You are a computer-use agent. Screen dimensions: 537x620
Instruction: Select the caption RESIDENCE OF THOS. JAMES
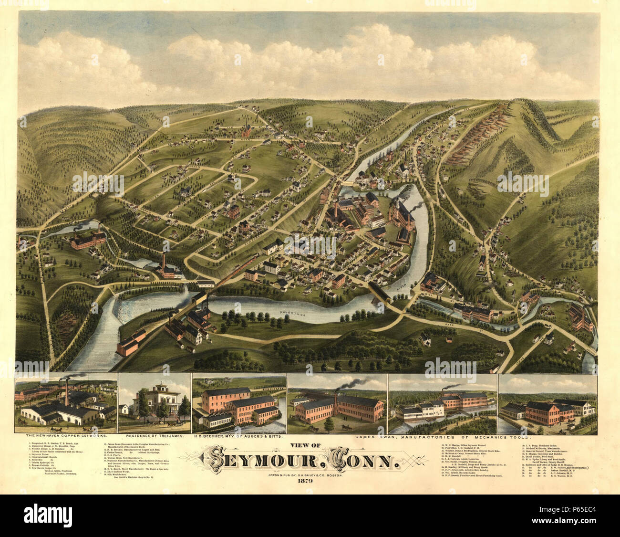154,436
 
